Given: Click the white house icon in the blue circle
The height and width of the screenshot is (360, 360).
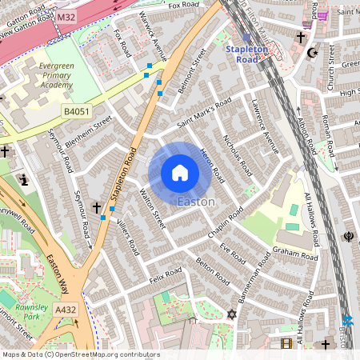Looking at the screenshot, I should click(x=180, y=173).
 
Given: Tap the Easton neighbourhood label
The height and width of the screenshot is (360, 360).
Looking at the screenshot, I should click(x=196, y=202).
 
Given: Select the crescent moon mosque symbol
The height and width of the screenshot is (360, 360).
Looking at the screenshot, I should click(x=313, y=54).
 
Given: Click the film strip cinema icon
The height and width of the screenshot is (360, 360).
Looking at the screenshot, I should click(x=286, y=344).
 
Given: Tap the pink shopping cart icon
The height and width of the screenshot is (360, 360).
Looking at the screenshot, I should click(x=322, y=15).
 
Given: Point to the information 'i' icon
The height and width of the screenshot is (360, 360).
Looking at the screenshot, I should click(x=24, y=179).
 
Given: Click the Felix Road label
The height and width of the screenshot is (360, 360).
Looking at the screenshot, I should click(x=166, y=278).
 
